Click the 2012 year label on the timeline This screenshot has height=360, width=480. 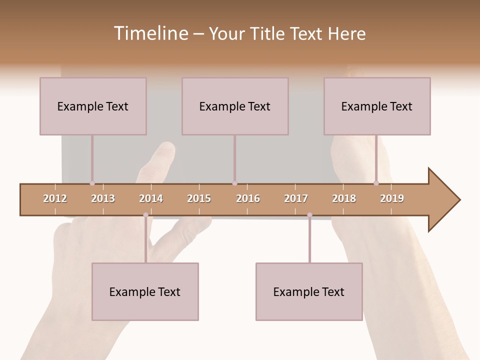[x=55, y=198]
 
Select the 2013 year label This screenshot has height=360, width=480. [x=103, y=198]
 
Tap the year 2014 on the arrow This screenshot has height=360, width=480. [x=151, y=198]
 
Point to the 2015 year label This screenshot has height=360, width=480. [x=199, y=198]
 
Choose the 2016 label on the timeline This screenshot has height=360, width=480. [x=248, y=198]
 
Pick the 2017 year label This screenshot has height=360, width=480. [x=296, y=198]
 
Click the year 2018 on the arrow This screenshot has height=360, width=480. [x=344, y=198]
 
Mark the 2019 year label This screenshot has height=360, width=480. [x=392, y=198]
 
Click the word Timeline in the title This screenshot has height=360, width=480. [x=149, y=33]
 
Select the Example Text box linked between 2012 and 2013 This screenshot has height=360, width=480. [x=93, y=106]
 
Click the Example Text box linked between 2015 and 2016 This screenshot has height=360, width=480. [x=235, y=106]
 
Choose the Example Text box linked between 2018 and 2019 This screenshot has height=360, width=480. [x=377, y=106]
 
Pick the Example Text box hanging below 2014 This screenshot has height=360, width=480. [x=145, y=291]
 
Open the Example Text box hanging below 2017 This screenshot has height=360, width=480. [x=309, y=291]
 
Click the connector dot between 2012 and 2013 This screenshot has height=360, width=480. [x=92, y=183]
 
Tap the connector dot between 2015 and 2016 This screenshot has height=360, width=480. [x=234, y=183]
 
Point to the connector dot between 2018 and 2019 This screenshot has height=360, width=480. [x=376, y=183]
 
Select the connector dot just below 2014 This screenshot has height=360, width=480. [x=145, y=215]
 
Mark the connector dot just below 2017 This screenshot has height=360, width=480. [x=309, y=215]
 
